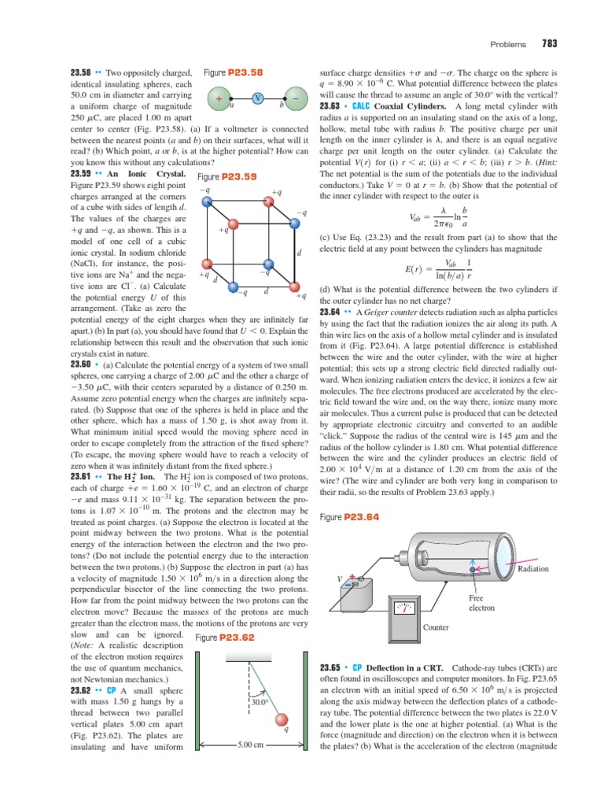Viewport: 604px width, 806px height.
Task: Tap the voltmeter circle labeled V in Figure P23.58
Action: pyautogui.click(x=258, y=98)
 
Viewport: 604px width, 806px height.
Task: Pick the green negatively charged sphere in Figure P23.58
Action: pyautogui.click(x=294, y=98)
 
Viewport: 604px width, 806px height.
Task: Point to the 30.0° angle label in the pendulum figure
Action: pyautogui.click(x=260, y=701)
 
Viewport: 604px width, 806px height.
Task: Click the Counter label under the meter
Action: pyautogui.click(x=436, y=627)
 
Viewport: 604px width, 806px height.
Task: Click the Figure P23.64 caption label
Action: pyautogui.click(x=350, y=517)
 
